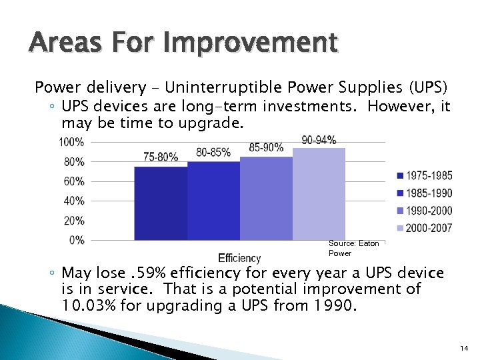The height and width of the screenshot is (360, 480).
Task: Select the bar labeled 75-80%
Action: [x=161, y=203]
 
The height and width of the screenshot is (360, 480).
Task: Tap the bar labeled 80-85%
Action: [x=213, y=200]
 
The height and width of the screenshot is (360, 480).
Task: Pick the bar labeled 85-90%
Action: [x=266, y=198]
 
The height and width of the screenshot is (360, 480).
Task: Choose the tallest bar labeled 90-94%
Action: [x=319, y=193]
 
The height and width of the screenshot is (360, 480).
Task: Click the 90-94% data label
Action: [x=319, y=140]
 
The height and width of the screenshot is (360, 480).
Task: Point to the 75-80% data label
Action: [x=161, y=157]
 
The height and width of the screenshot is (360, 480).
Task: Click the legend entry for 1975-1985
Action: [x=424, y=176]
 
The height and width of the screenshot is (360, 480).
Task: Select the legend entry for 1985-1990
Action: [x=424, y=193]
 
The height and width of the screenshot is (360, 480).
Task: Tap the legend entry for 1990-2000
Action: [x=424, y=211]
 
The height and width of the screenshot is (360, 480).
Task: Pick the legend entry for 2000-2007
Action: [x=424, y=228]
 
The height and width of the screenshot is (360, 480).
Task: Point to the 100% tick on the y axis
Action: [x=71, y=142]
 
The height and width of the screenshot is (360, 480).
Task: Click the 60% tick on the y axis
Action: [x=73, y=181]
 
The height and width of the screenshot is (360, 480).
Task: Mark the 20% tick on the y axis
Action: [x=73, y=220]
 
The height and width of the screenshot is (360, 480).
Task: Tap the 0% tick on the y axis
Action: [x=76, y=239]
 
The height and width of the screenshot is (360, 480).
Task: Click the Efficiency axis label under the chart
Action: [x=239, y=258]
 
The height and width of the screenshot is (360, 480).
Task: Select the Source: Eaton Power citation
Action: [x=353, y=248]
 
